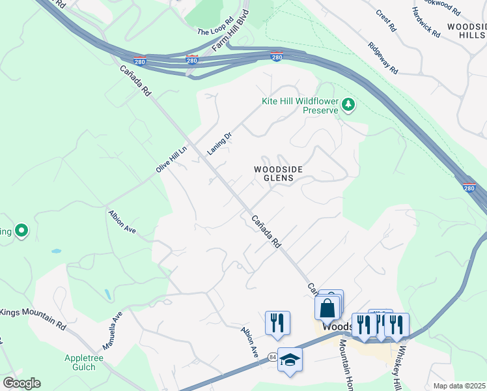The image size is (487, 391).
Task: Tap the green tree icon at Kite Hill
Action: [x=349, y=104]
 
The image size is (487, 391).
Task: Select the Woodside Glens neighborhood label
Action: [x=278, y=173]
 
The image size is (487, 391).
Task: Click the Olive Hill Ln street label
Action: [x=171, y=159]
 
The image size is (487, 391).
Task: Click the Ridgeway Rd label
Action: [x=382, y=58]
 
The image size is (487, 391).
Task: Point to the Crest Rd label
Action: [x=386, y=20]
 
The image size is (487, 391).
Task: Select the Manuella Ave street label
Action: [x=112, y=330]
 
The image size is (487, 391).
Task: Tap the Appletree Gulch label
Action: [x=89, y=362]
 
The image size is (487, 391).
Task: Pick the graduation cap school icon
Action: [x=290, y=360]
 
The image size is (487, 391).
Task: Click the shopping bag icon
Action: [x=327, y=308]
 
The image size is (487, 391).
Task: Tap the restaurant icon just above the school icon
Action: [x=277, y=323]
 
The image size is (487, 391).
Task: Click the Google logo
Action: [x=21, y=383]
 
